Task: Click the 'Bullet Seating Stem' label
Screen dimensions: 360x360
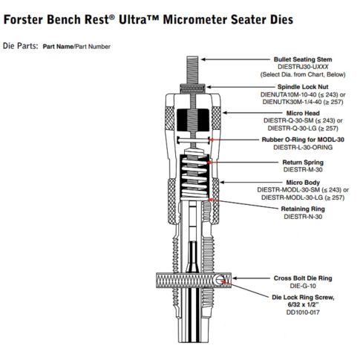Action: tap(303, 59)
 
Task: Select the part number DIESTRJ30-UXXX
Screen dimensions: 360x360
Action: tap(303, 67)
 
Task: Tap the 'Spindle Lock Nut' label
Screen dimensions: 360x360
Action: tap(303, 87)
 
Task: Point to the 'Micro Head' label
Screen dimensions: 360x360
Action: tap(303, 113)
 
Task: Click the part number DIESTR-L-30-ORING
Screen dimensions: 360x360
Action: tap(303, 147)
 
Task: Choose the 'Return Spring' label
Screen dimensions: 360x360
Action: tap(303, 163)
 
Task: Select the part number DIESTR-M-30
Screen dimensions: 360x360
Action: tap(303, 170)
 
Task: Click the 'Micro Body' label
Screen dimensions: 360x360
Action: tap(303, 183)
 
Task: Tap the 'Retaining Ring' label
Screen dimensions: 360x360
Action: tap(303, 209)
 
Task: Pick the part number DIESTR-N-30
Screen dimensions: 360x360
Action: tap(303, 217)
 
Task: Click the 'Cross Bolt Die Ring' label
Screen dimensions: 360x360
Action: tap(303, 278)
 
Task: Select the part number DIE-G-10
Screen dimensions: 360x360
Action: tap(303, 286)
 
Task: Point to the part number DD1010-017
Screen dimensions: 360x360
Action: tap(303, 312)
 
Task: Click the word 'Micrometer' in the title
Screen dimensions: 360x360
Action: tap(195, 19)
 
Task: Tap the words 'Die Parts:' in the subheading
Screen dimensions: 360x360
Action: tap(21, 46)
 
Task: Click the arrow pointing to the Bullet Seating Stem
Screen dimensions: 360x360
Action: tap(235, 59)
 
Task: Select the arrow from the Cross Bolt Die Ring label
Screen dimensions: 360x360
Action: tap(251, 278)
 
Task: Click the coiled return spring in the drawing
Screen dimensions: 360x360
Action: tap(194, 177)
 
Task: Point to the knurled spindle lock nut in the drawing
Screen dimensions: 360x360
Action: tap(193, 88)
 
